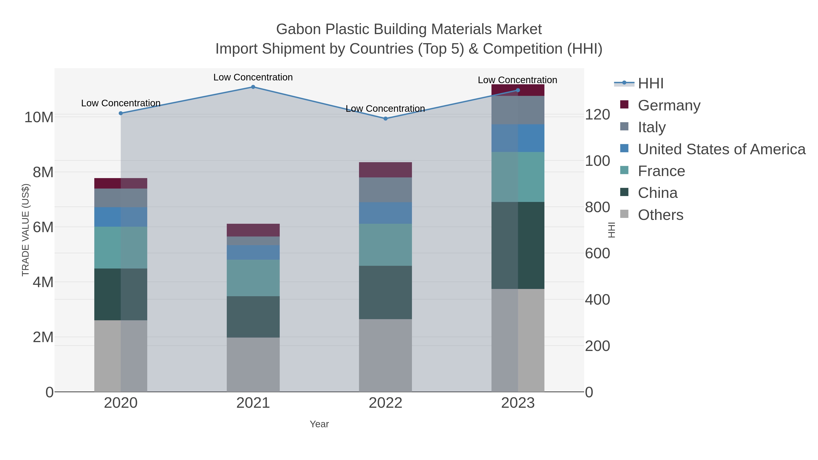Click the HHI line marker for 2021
coord(253,87)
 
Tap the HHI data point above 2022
coord(386,119)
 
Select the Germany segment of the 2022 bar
coord(386,170)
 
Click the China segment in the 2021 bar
coord(253,317)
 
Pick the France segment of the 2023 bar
coord(518,177)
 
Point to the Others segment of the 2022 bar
coord(386,356)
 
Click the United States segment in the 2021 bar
coord(253,252)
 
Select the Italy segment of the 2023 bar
coord(518,110)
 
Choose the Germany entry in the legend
coord(669,105)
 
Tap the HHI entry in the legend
coord(650,84)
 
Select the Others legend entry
coord(661,215)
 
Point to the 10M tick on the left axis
coord(39,117)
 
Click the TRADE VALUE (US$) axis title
coord(25,230)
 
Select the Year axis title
coord(319,424)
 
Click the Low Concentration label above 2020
coord(121,103)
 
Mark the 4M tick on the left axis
coord(43,282)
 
